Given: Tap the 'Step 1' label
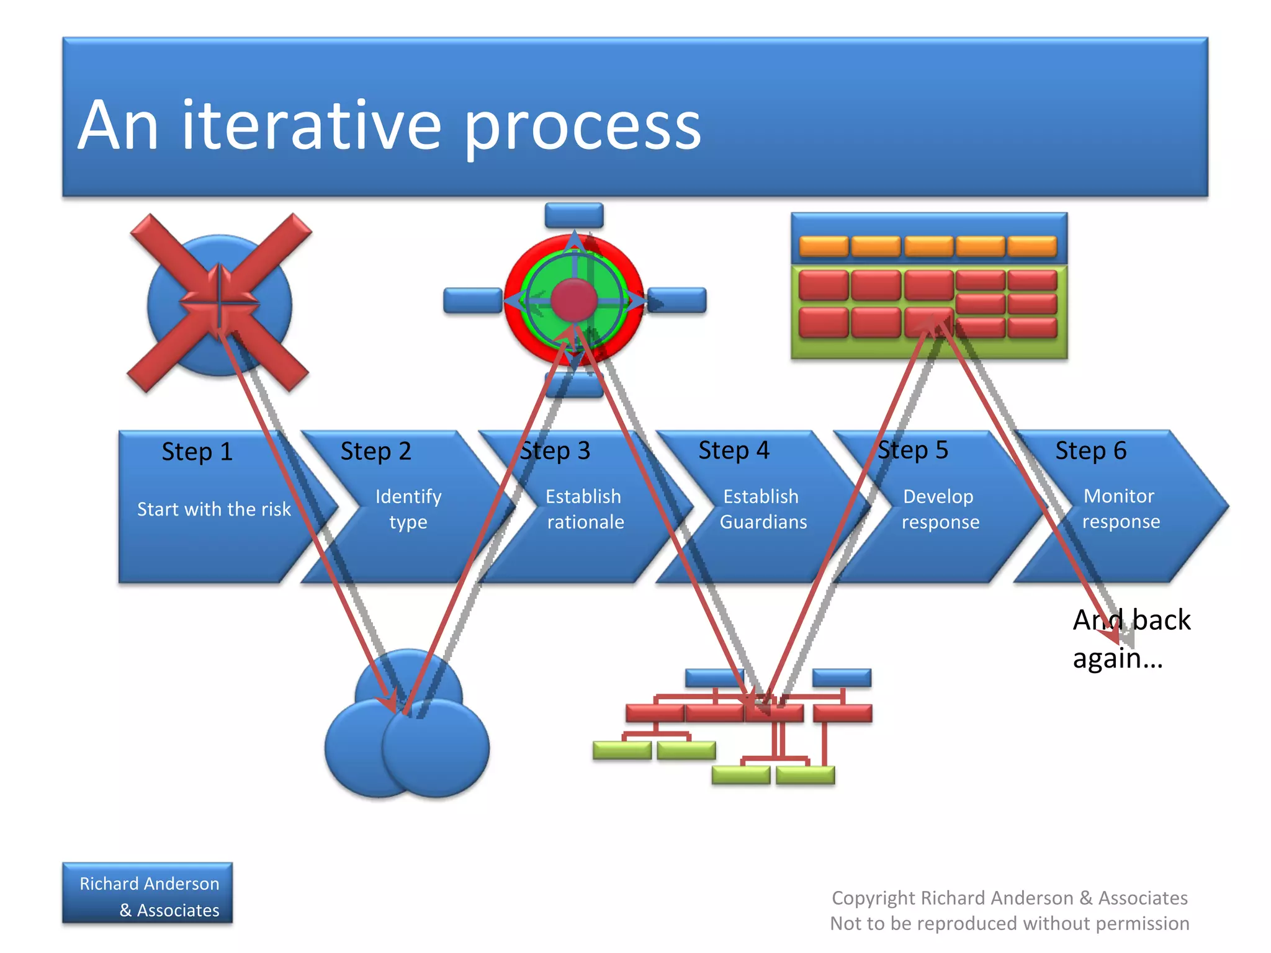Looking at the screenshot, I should coord(197,452).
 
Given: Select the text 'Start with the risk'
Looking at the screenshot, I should coord(213,509).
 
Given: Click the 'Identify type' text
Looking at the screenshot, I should coord(408,509).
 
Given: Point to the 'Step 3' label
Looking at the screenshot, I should coord(555,451).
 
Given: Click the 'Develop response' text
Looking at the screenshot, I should coord(940,509).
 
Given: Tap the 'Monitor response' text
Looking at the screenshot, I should coord(1120,508).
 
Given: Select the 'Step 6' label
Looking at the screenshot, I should coord(1090,450).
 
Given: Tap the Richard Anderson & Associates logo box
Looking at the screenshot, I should coord(148,893).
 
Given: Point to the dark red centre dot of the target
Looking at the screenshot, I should coord(574,300).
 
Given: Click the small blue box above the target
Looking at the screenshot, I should coord(574,215).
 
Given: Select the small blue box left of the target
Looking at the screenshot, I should coord(472,300).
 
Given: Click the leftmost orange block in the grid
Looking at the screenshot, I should coord(824,246).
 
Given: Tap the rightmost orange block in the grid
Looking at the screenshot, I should coord(1032,246).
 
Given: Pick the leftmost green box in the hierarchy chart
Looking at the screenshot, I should coord(622,750).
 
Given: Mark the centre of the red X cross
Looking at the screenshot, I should coord(218,303).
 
